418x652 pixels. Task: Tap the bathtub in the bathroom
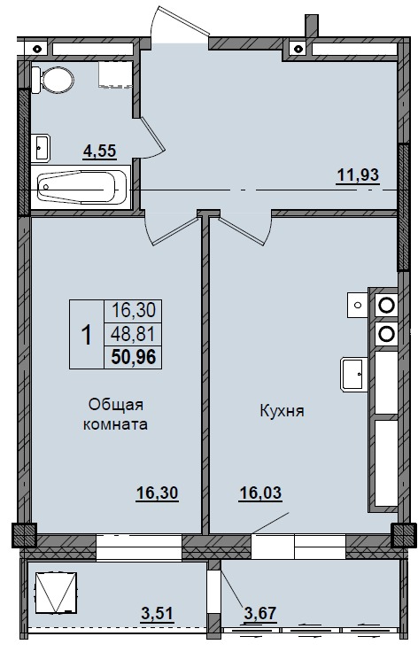coord(81,185)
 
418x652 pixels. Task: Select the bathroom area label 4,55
coord(100,151)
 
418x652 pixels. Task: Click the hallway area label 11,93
coord(358,174)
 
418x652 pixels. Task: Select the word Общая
coord(116,405)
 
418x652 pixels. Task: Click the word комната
coord(116,424)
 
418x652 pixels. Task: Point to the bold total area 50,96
coord(132,358)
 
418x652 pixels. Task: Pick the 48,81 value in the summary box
coord(132,335)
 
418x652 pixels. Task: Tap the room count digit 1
coord(87,335)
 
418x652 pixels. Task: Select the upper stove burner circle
coord(386,305)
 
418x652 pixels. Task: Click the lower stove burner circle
coord(386,333)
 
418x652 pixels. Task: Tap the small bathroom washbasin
coord(42,144)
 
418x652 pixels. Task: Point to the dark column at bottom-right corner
coord(404,534)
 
